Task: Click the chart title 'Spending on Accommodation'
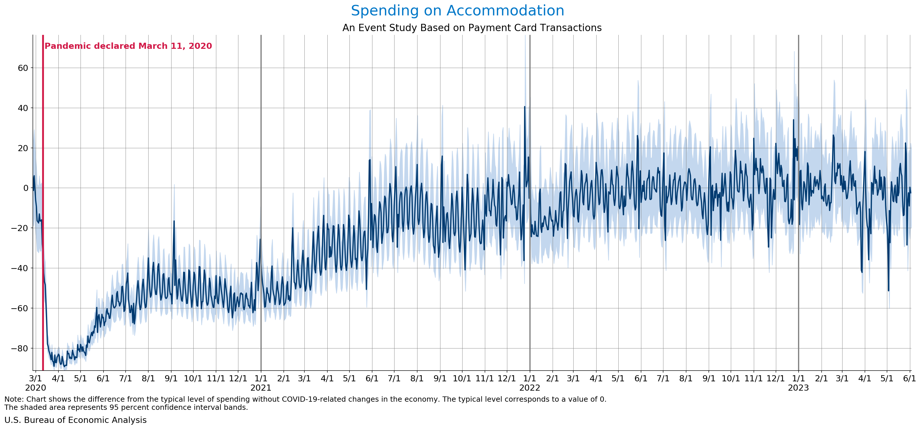click(x=457, y=11)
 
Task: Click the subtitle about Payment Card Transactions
click(x=472, y=28)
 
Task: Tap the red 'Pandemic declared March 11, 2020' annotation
click(x=128, y=46)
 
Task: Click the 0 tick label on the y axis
click(x=25, y=188)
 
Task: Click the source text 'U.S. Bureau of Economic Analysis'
click(x=75, y=420)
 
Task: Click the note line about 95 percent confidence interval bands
click(x=126, y=407)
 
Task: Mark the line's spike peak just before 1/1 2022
click(x=524, y=107)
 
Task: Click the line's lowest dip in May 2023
click(x=888, y=291)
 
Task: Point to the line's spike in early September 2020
click(x=174, y=221)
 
